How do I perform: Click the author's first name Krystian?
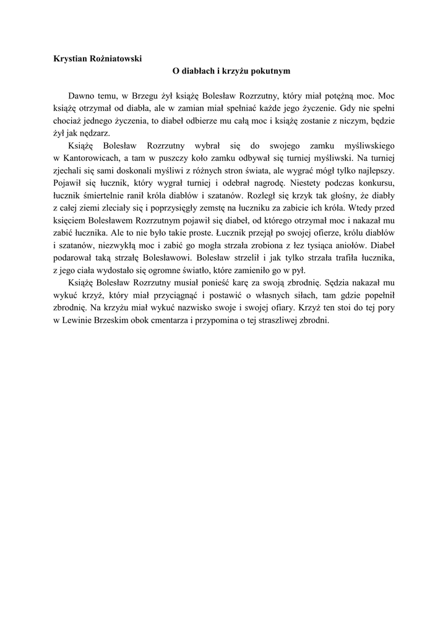(x=72, y=58)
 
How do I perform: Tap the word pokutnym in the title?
(x=269, y=71)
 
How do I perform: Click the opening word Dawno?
(x=82, y=97)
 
